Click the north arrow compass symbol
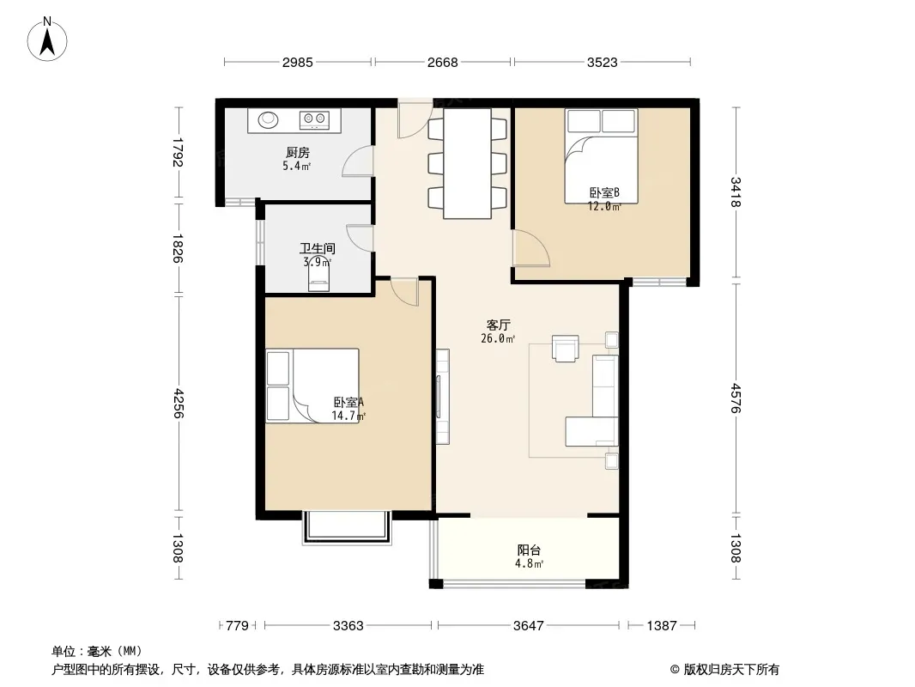pyautogui.click(x=47, y=40)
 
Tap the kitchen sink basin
pyautogui.click(x=269, y=119)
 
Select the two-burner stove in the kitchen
pyautogui.click(x=314, y=119)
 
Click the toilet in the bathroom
pyautogui.click(x=318, y=277)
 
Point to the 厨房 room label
pyautogui.click(x=298, y=153)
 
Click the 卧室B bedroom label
pyautogui.click(x=604, y=192)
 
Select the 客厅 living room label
pyautogui.click(x=499, y=325)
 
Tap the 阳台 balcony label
pyautogui.click(x=530, y=550)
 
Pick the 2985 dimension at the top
pyautogui.click(x=298, y=62)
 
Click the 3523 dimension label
pyautogui.click(x=603, y=62)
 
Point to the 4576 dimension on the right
pyautogui.click(x=736, y=398)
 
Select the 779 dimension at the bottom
pyautogui.click(x=238, y=626)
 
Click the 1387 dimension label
pyautogui.click(x=662, y=626)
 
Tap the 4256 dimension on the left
pyautogui.click(x=178, y=404)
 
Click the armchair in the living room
pyautogui.click(x=566, y=348)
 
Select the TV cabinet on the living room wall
pyautogui.click(x=442, y=397)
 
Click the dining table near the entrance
pyautogui.click(x=467, y=163)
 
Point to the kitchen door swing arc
pyautogui.click(x=357, y=161)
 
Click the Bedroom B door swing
pyautogui.click(x=531, y=248)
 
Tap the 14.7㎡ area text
pyautogui.click(x=348, y=416)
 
